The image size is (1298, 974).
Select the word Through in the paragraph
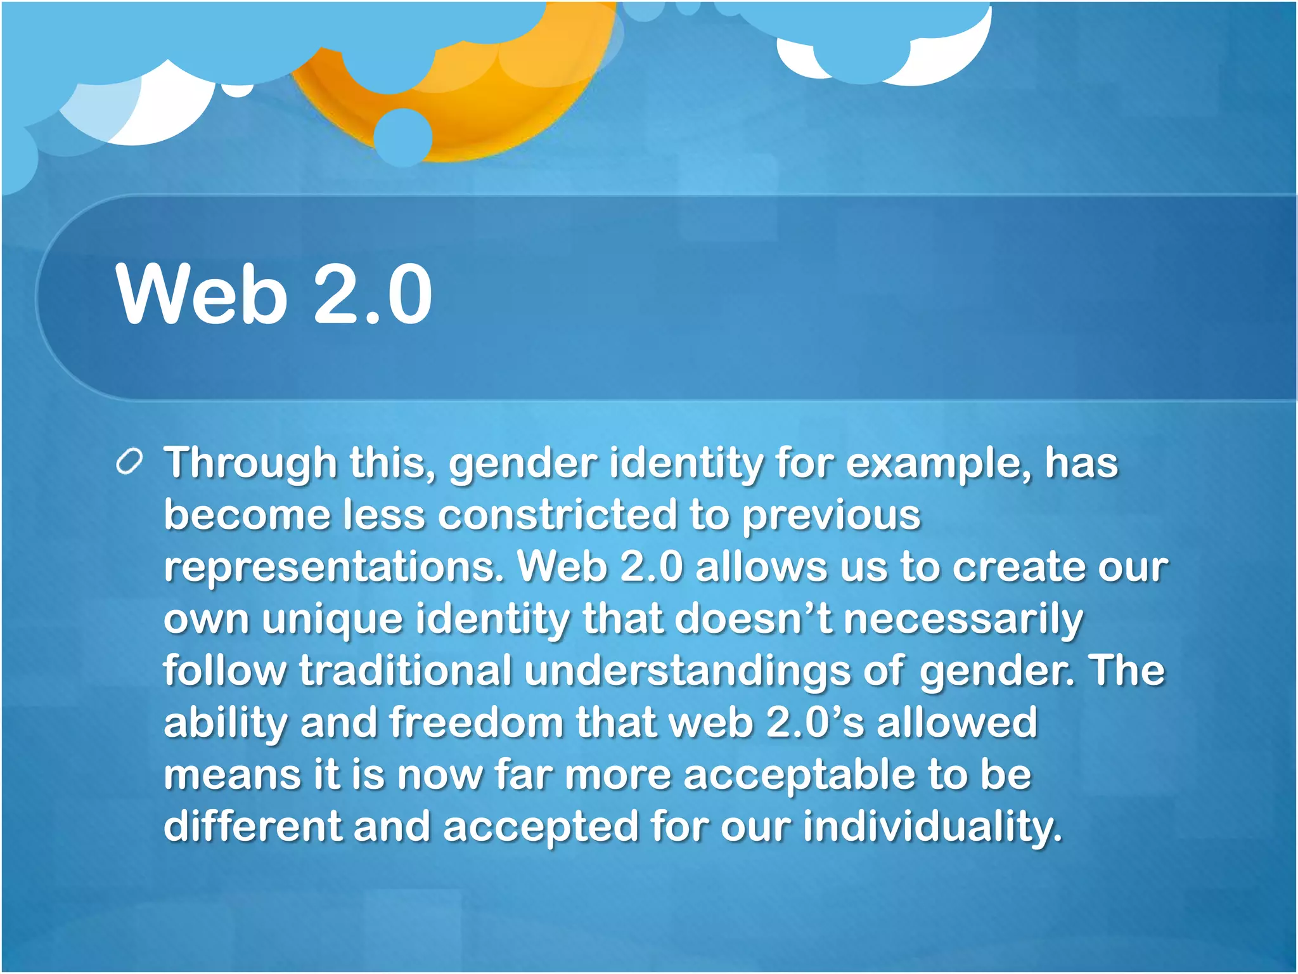pyautogui.click(x=250, y=464)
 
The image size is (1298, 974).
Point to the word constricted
pyautogui.click(x=558, y=514)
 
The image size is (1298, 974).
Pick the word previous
pyautogui.click(x=831, y=514)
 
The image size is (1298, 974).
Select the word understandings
pyautogui.click(x=687, y=670)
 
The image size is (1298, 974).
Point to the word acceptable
pyautogui.click(x=799, y=776)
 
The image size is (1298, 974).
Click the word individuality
pyautogui.click(x=932, y=828)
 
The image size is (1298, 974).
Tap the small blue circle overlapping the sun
pyautogui.click(x=403, y=137)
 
